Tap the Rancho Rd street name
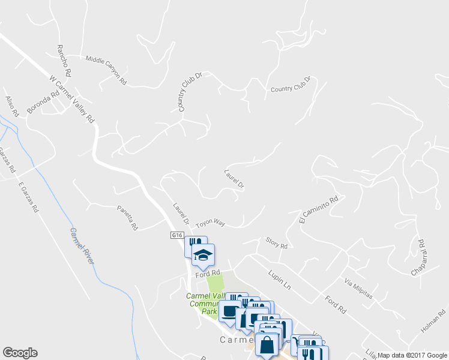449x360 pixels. tap(64, 61)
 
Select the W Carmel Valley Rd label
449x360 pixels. tap(72, 99)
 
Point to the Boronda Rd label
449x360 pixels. tap(43, 102)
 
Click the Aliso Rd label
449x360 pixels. tap(13, 106)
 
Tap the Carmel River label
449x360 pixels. tap(82, 245)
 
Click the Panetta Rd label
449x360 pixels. tap(127, 218)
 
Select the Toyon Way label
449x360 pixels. tap(210, 223)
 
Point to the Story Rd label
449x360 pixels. tap(277, 243)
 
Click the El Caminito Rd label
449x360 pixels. tap(319, 211)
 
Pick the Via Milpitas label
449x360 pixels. tap(359, 290)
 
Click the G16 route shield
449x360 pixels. tap(176, 235)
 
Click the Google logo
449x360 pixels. tap(20, 353)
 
